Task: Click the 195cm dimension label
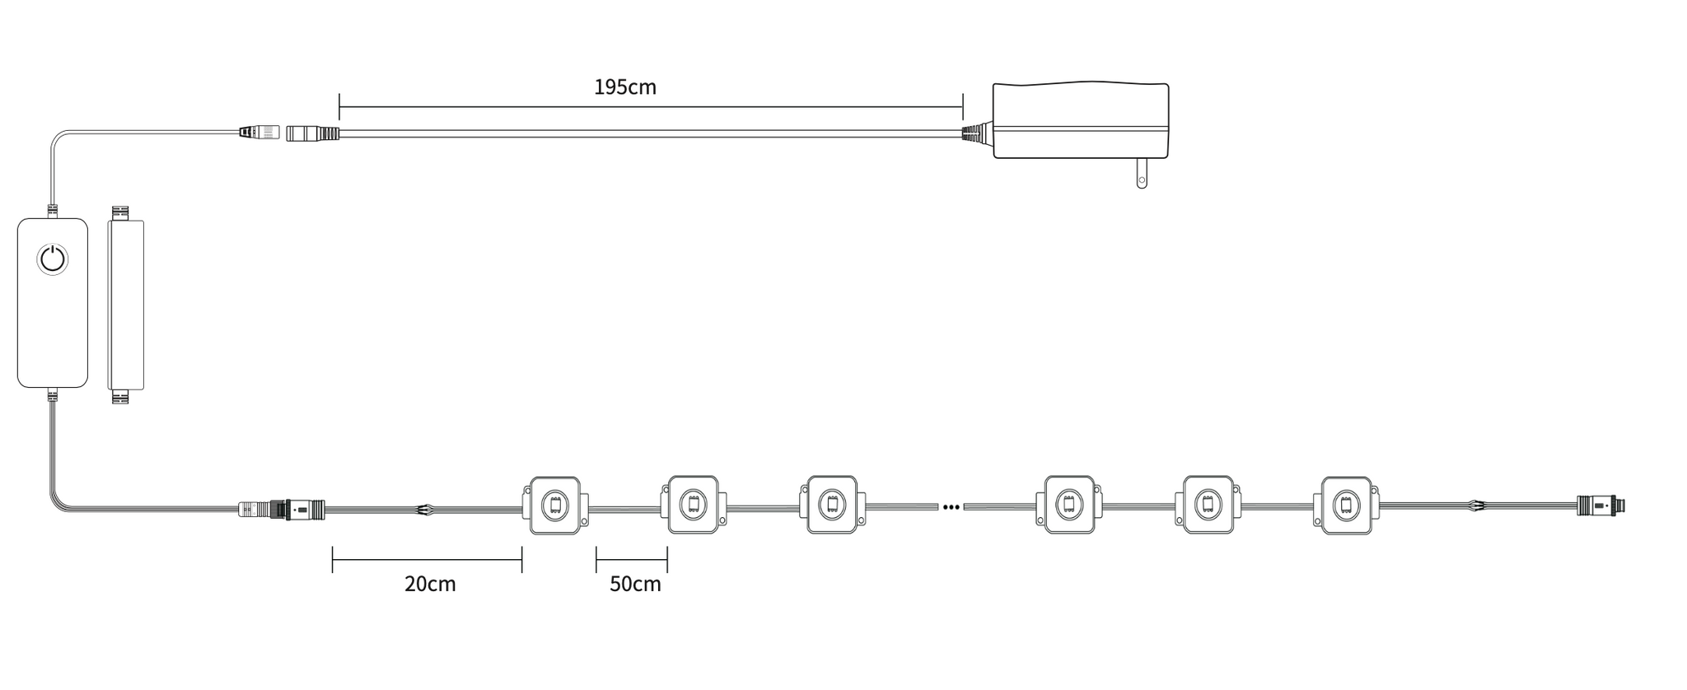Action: click(x=625, y=87)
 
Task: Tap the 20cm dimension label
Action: click(x=430, y=584)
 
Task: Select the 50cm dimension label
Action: click(x=635, y=584)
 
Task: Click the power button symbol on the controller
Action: click(x=53, y=259)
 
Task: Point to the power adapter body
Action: click(x=1080, y=120)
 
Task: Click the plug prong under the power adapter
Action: click(x=1142, y=174)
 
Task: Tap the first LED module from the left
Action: click(x=554, y=504)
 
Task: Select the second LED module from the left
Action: click(x=693, y=504)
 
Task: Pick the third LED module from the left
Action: click(x=832, y=504)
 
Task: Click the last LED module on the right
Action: click(x=1347, y=504)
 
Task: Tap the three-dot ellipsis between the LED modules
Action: click(x=951, y=507)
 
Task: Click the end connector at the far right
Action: click(x=1601, y=506)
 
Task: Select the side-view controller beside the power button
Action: click(x=125, y=305)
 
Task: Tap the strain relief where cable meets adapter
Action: click(x=978, y=133)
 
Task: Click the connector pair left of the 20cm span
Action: click(x=282, y=510)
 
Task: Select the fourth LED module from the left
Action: click(x=1069, y=504)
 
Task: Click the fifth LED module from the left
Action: click(x=1208, y=504)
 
